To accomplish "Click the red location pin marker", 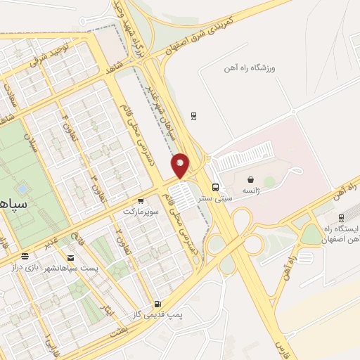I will point(181,165).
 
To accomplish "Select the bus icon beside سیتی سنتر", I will point(216,187).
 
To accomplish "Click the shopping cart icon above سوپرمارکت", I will point(141,200).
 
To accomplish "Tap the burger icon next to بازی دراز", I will point(26,257).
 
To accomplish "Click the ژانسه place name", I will point(252,191).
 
